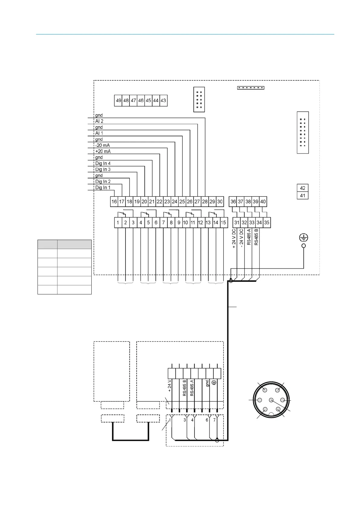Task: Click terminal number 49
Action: pyautogui.click(x=118, y=101)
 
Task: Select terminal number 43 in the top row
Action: pyautogui.click(x=163, y=101)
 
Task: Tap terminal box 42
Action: pyautogui.click(x=303, y=188)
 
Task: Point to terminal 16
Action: pyautogui.click(x=114, y=202)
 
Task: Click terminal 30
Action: pyautogui.click(x=220, y=202)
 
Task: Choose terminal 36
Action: pyautogui.click(x=233, y=202)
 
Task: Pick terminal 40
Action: pyautogui.click(x=263, y=202)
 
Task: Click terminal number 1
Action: pyautogui.click(x=118, y=223)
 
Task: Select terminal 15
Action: pyautogui.click(x=223, y=223)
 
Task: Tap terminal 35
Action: pyautogui.click(x=267, y=223)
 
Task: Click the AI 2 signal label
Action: pyautogui.click(x=99, y=121)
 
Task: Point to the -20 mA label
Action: pyautogui.click(x=103, y=145)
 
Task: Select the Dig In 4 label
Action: pyautogui.click(x=103, y=164)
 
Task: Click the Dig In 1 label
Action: pyautogui.click(x=103, y=188)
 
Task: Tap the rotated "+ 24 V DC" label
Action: pyautogui.click(x=234, y=238)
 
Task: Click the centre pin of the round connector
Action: pyautogui.click(x=271, y=400)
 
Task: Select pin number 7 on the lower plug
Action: pyautogui.click(x=214, y=420)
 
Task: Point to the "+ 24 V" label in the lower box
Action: pyautogui.click(x=170, y=386)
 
